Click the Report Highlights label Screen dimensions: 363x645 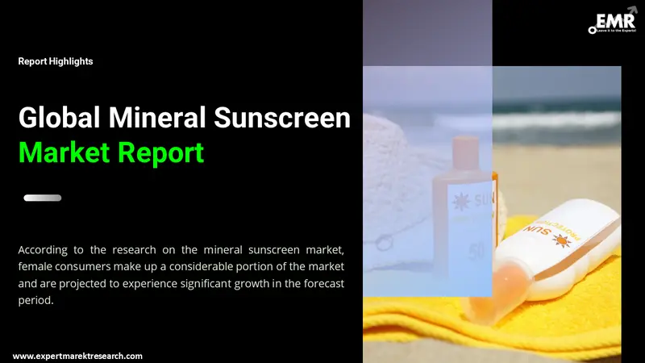click(56, 61)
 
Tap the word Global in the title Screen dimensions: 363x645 click(56, 119)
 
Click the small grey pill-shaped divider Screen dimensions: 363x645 click(43, 198)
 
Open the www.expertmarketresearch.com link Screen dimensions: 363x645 click(77, 356)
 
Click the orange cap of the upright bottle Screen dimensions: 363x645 click(465, 153)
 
